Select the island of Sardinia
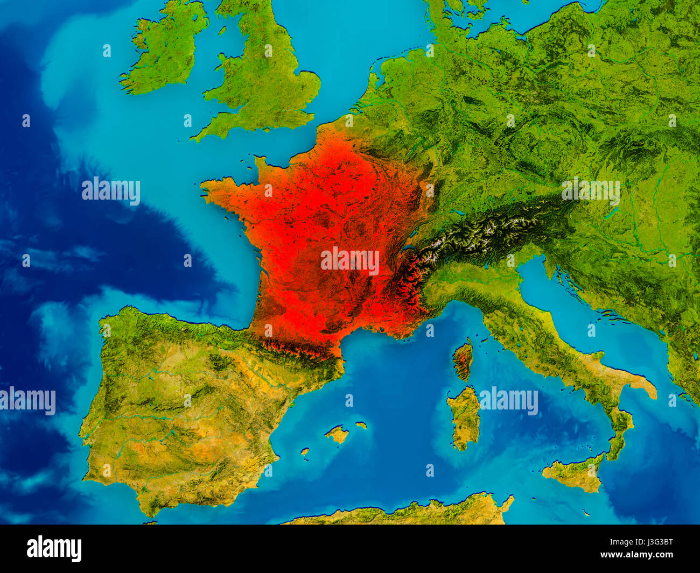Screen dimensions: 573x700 tap(464, 418)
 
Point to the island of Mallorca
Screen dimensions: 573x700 tap(338, 434)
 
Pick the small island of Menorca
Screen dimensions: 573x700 tap(361, 425)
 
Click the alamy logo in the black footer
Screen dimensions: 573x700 tap(54, 549)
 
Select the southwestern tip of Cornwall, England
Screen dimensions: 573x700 tap(195, 137)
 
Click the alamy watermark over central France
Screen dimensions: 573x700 tap(350, 260)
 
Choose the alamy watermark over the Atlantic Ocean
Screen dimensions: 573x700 tap(111, 190)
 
